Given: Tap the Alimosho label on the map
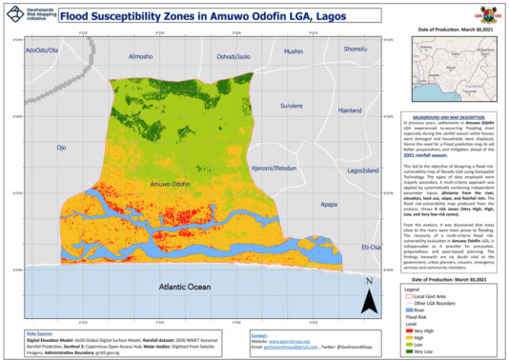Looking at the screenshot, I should click(x=140, y=55).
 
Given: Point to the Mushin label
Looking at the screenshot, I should click(x=293, y=51).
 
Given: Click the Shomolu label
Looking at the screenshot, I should click(x=355, y=49).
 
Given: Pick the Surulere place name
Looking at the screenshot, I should click(x=291, y=106).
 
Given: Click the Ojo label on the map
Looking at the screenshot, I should click(x=62, y=148).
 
